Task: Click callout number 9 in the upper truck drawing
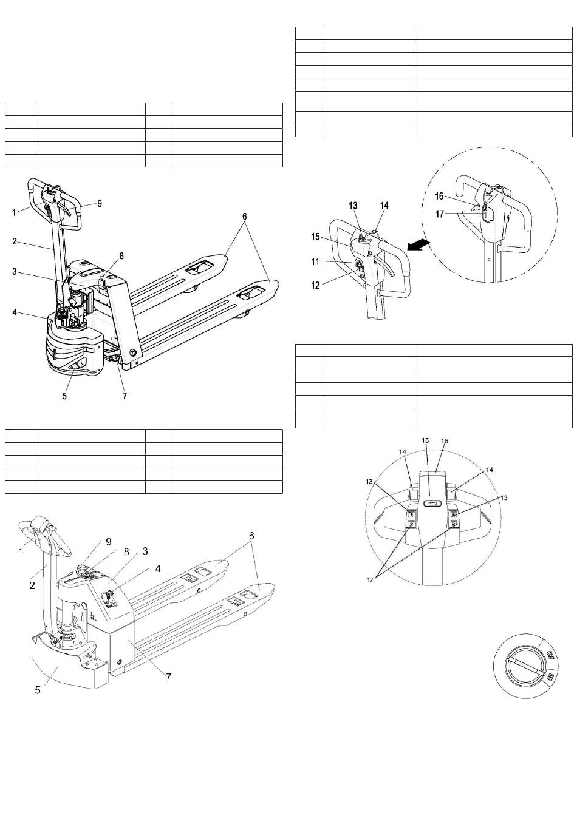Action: pyautogui.click(x=100, y=204)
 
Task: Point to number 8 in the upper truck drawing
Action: pyautogui.click(x=121, y=256)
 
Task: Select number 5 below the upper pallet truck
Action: pyautogui.click(x=64, y=396)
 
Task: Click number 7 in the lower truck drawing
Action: pyautogui.click(x=168, y=675)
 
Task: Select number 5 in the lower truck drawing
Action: pyautogui.click(x=38, y=690)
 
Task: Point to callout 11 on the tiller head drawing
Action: pyautogui.click(x=315, y=262)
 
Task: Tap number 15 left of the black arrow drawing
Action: pyautogui.click(x=315, y=237)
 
